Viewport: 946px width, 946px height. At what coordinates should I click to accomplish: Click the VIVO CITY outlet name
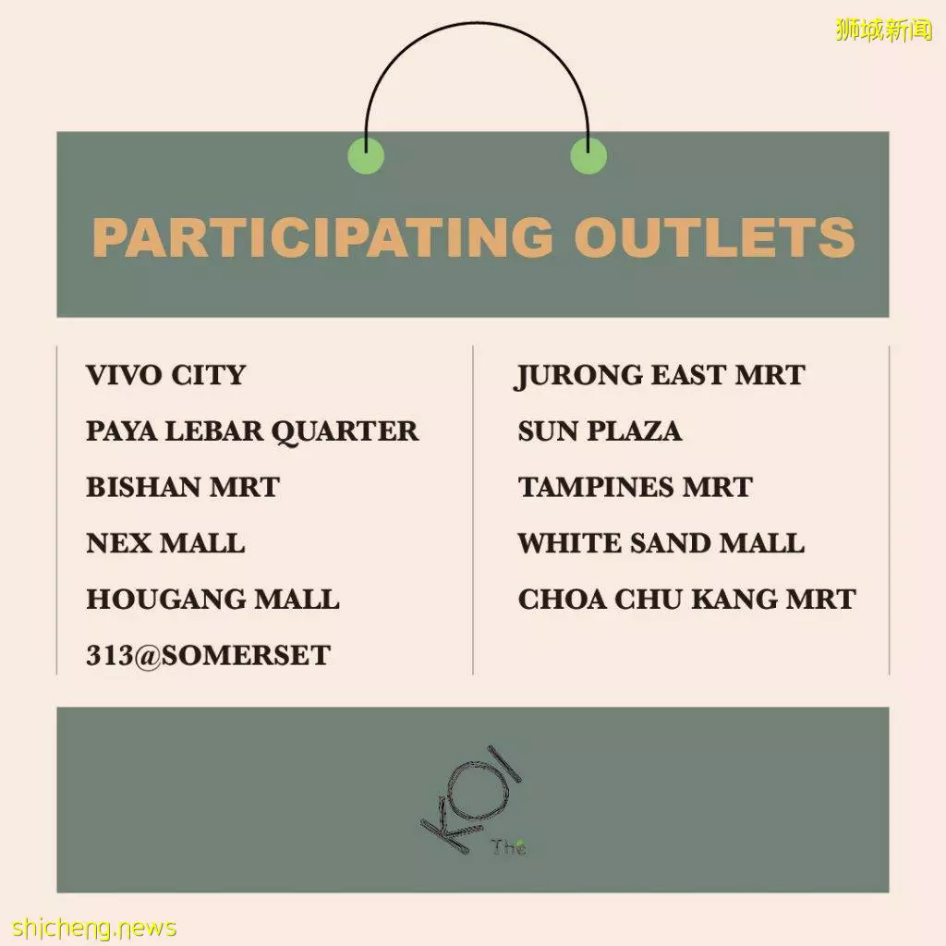pos(166,375)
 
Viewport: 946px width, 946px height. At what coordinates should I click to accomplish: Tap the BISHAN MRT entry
pos(183,488)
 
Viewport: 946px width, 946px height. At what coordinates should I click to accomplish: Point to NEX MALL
pos(166,543)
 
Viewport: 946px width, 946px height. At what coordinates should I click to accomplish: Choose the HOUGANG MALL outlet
pos(213,600)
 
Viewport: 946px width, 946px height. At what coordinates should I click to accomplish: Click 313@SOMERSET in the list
pos(208,656)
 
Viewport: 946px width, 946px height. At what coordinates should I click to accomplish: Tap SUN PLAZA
pos(600,431)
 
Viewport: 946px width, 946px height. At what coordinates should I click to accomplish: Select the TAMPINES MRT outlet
pos(636,488)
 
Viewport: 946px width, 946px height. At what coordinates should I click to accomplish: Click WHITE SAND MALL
pos(661,543)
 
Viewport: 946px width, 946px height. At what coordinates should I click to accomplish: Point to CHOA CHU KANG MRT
pos(687,600)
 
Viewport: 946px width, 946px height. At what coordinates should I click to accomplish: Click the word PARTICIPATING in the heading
pos(322,236)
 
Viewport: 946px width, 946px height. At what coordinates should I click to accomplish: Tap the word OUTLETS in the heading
pos(715,236)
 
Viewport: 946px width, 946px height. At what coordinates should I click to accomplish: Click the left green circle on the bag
pos(366,155)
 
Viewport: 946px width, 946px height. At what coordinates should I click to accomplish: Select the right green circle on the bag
pos(588,155)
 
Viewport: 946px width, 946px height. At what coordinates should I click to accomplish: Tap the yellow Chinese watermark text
pos(884,30)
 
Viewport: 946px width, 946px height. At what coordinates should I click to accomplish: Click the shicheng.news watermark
pos(94,928)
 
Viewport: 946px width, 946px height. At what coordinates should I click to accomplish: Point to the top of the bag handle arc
pos(477,23)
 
